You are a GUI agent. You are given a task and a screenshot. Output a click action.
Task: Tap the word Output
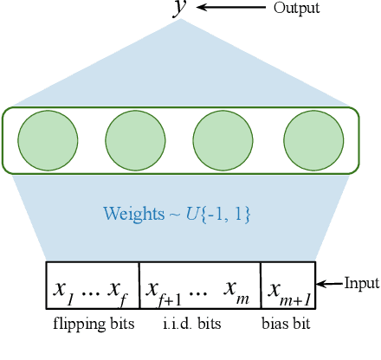[x=296, y=8]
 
